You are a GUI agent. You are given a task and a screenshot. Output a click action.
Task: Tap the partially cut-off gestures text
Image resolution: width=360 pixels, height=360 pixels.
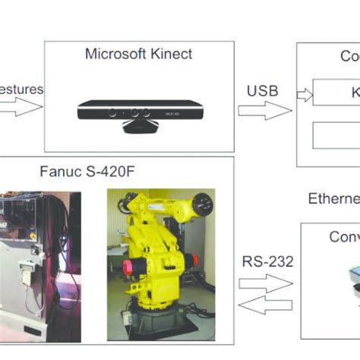pos(21,90)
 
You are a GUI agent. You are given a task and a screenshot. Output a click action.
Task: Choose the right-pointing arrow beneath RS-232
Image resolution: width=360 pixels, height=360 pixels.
pos(266,283)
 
